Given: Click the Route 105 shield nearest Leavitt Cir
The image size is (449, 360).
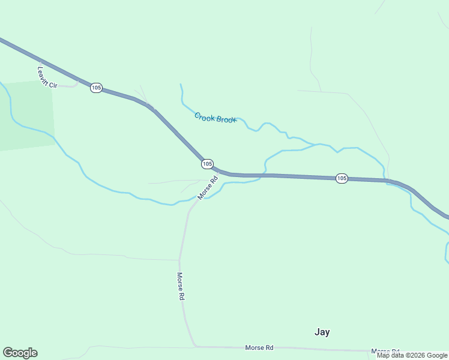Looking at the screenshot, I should tap(96, 88).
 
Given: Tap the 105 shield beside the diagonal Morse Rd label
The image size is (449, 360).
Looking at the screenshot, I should tap(207, 164).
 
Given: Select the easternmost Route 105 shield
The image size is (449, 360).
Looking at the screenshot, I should tap(342, 178).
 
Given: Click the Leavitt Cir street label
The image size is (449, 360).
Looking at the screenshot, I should tap(46, 77).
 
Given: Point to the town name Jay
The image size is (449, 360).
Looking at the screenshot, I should tap(322, 332).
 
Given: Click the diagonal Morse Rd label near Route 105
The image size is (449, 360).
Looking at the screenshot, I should tap(207, 188).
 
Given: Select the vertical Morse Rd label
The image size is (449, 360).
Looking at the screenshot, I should tap(180, 286).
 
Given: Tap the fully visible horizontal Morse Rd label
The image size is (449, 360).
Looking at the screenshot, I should tap(259, 347).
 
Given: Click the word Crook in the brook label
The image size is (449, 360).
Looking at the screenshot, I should tap(205, 116).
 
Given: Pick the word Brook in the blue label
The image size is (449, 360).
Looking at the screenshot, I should tap(226, 119).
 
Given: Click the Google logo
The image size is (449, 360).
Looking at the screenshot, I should tap(20, 353).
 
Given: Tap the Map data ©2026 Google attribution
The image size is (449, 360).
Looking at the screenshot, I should tap(412, 355).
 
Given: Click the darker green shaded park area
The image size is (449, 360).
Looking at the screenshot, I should tap(27, 114).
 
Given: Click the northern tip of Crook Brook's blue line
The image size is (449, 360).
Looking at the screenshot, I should tap(180, 85).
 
